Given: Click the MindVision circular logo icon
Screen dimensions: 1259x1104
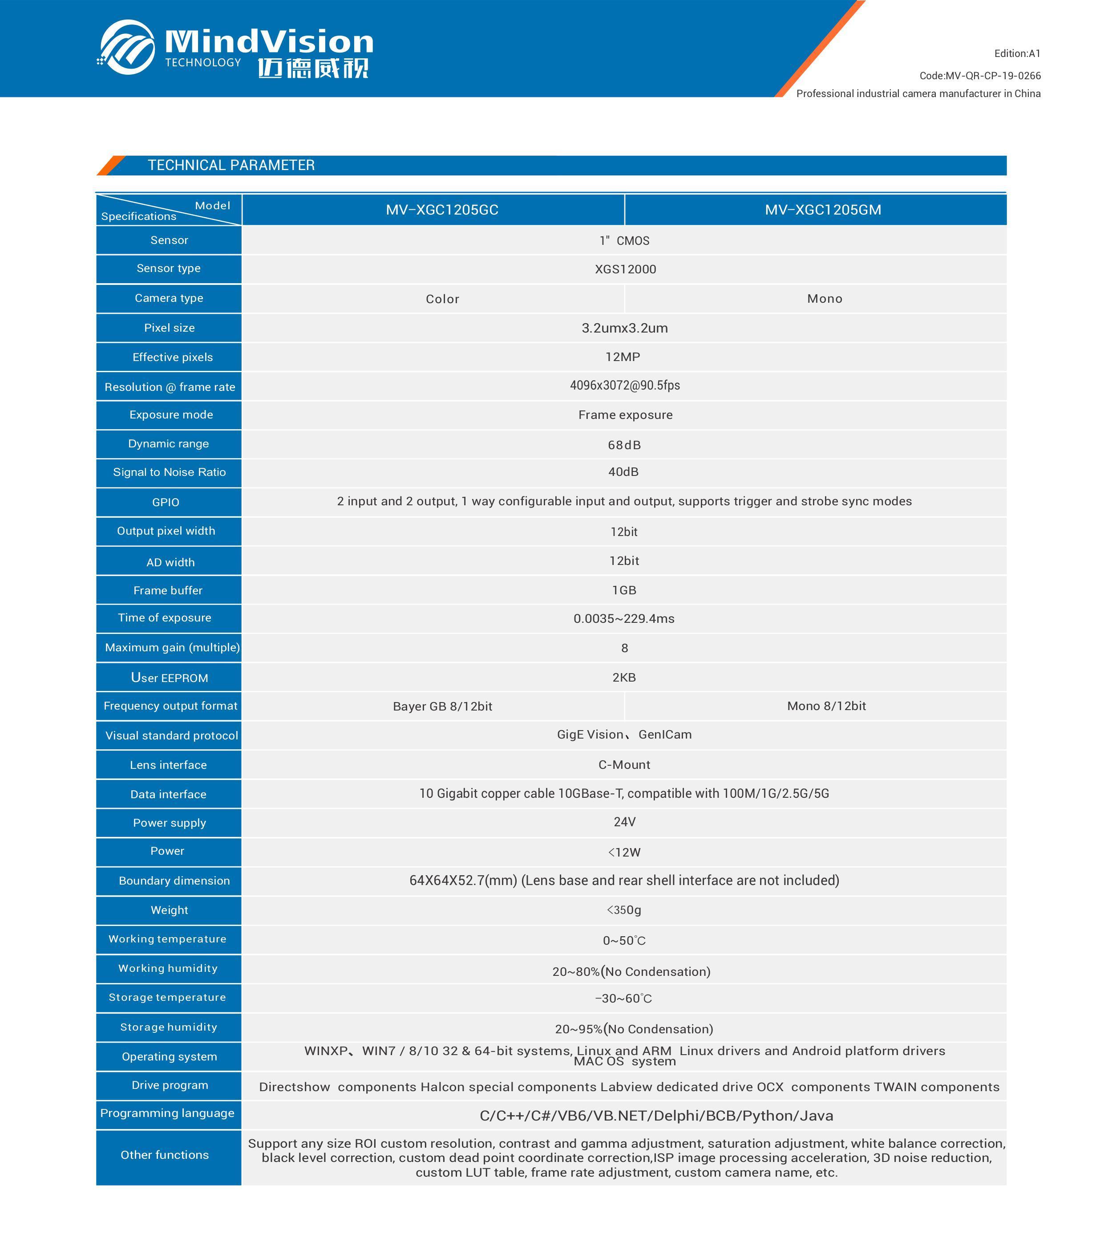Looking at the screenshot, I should (x=127, y=48).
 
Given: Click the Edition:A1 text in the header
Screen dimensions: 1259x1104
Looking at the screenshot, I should (x=1017, y=53).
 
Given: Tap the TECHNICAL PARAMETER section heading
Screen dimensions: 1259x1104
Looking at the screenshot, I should (x=231, y=165).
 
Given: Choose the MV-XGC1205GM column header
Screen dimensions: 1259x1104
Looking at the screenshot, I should (x=823, y=210).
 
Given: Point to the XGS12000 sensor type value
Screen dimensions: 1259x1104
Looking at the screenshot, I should (x=624, y=269).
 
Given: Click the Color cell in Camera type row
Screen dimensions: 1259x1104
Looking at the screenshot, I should (x=442, y=299).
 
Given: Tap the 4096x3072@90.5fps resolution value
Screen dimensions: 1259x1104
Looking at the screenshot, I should (x=624, y=386).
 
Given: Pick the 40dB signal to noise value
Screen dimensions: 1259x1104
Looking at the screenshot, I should (x=623, y=472).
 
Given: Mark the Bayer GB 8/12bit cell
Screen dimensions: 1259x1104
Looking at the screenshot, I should (x=442, y=707).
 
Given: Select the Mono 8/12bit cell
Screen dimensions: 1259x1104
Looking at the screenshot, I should (x=826, y=706).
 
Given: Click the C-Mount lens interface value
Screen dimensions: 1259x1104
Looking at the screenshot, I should (x=624, y=764).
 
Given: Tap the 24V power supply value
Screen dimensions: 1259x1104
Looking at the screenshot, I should (x=624, y=822).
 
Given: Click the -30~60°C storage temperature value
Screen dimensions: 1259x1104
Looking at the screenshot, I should (x=623, y=999).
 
